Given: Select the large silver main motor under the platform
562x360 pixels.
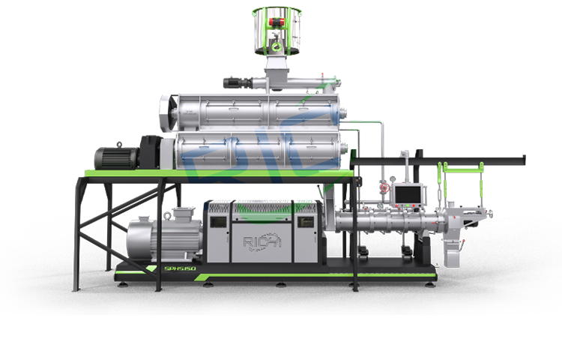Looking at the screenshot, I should tap(161, 238).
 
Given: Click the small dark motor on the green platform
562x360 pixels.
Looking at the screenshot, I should tap(115, 157).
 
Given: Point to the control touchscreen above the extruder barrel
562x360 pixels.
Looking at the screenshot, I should tap(409, 194).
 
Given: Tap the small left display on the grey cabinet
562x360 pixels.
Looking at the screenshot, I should tap(219, 222).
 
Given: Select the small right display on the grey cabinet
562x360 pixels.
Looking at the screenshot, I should tap(305, 222).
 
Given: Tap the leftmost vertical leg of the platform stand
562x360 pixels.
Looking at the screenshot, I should tap(74, 232).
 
